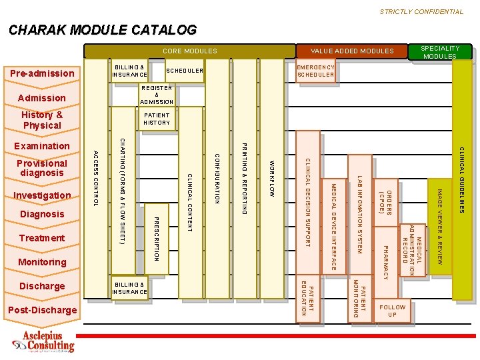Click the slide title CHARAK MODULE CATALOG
(103, 30)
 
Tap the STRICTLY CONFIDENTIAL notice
(421, 11)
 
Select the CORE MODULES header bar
(190, 51)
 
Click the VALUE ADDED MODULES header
(352, 51)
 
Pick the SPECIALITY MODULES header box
(440, 52)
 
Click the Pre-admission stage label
(41, 73)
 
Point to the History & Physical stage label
(42, 120)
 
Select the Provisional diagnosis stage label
(42, 168)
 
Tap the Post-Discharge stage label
(42, 310)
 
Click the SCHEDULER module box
(185, 71)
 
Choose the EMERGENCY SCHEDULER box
(316, 71)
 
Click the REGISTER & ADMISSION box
(157, 95)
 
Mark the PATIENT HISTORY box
(157, 119)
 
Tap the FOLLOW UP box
(392, 311)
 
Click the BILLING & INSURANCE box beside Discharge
(130, 288)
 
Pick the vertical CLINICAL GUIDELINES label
(461, 180)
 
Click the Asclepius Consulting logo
(44, 341)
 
